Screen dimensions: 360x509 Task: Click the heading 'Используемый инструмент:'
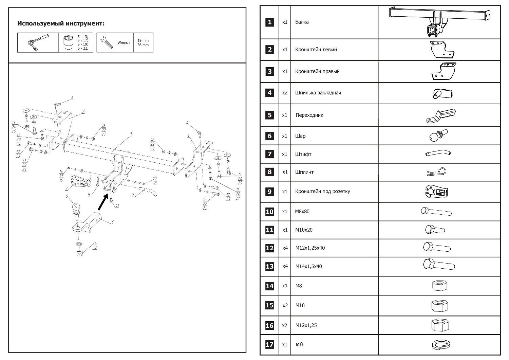tap(61, 24)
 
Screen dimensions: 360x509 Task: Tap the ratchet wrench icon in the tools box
tap(38, 42)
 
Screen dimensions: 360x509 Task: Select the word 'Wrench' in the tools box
tap(124, 43)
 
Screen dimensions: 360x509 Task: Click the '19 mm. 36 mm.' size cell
tap(143, 42)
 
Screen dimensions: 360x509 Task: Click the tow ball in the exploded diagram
tap(76, 208)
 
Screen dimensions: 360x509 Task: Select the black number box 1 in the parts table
tap(270, 22)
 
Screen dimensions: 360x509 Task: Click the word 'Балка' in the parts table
tap(302, 22)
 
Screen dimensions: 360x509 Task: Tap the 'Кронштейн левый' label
tap(316, 50)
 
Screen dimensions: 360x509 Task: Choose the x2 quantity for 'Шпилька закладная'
tap(285, 93)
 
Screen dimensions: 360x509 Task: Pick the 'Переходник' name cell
tap(309, 115)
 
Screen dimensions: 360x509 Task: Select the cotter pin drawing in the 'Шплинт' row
tap(437, 172)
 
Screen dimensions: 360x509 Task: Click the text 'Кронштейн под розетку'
tap(322, 192)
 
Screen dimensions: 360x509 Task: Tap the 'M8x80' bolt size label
tap(302, 212)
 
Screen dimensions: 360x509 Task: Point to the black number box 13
tap(270, 266)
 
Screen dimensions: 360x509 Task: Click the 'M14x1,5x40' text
tap(308, 266)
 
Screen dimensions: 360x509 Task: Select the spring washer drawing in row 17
tap(440, 344)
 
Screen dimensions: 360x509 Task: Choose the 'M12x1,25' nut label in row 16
tap(306, 325)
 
